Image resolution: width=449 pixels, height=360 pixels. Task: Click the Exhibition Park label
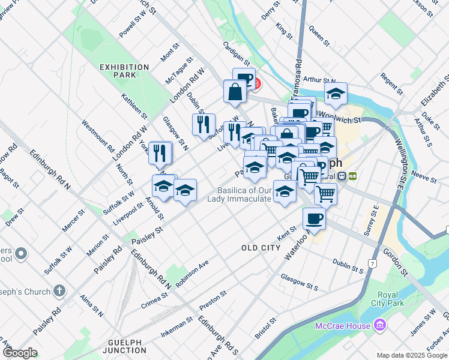[x=124, y=71]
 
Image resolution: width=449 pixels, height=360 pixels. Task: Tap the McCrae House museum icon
[x=379, y=326]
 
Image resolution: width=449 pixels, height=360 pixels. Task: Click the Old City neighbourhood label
[x=261, y=248]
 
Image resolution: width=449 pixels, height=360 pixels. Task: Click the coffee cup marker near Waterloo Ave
[x=314, y=218]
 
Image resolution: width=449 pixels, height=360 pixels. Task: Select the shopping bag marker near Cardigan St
[x=235, y=92]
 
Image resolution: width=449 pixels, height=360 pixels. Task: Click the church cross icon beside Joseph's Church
[x=59, y=291]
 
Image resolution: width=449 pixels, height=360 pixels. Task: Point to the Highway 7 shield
[x=373, y=264]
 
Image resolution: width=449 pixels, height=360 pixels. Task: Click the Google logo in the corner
[x=19, y=353]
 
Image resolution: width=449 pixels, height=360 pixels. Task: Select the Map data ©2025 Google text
[x=411, y=355]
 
